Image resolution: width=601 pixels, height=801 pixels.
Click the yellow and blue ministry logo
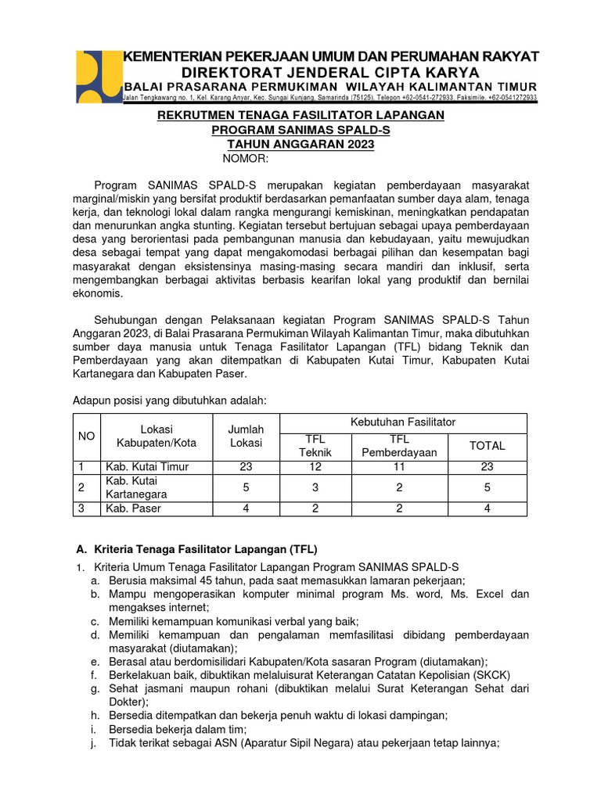(x=97, y=76)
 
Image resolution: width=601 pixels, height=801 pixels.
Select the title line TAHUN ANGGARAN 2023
(x=300, y=145)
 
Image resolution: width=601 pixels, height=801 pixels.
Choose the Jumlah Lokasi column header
(x=246, y=436)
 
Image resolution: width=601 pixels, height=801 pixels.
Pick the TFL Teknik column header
(x=315, y=446)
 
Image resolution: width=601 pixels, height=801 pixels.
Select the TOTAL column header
(x=487, y=446)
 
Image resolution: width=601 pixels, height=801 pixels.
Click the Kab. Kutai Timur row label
(x=147, y=467)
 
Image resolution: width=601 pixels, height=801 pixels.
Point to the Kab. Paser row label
(x=133, y=508)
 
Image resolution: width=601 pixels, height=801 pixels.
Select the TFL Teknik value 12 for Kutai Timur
(x=315, y=467)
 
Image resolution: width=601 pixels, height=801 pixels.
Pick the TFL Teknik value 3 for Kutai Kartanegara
(x=315, y=487)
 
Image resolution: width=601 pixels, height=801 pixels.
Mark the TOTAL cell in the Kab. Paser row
(x=487, y=508)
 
